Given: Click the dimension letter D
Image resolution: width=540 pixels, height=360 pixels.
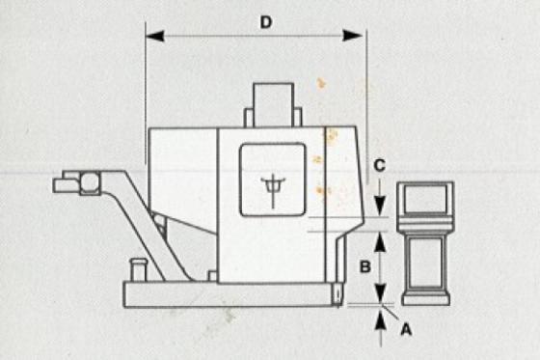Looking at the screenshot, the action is (x=266, y=22).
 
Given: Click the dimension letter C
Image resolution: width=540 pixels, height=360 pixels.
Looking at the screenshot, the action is (x=379, y=165).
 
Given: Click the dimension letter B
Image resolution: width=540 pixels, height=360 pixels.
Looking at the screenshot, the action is (x=365, y=266).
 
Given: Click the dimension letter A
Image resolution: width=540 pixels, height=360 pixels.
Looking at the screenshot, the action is (x=406, y=330).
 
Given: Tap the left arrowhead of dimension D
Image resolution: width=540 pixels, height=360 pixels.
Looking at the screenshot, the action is (x=155, y=36).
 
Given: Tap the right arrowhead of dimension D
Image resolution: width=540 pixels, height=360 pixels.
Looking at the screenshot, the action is (x=353, y=36).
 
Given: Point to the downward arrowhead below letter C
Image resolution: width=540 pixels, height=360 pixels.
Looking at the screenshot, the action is (x=380, y=206).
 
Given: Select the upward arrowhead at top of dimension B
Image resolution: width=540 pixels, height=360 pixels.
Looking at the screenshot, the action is (x=380, y=242).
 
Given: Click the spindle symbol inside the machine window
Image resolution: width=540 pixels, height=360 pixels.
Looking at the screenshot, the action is (x=273, y=190).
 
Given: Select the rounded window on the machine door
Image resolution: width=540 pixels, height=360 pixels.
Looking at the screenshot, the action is (x=273, y=180).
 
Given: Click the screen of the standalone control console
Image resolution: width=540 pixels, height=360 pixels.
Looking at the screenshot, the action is (x=425, y=199).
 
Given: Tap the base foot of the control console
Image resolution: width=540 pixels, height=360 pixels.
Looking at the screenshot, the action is (x=426, y=298).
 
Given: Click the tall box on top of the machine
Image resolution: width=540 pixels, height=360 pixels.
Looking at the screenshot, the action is (x=274, y=105).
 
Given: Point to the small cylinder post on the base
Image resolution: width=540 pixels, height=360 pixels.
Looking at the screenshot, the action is (x=139, y=270).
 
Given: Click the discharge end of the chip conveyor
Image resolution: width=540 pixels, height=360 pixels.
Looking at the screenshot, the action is (x=76, y=183).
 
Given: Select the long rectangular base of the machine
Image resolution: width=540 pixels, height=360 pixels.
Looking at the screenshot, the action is (x=229, y=294).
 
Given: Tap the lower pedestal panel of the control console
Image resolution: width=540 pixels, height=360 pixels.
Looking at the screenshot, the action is (x=426, y=263).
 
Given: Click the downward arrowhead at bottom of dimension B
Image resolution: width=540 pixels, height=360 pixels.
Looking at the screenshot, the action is (x=380, y=294).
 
